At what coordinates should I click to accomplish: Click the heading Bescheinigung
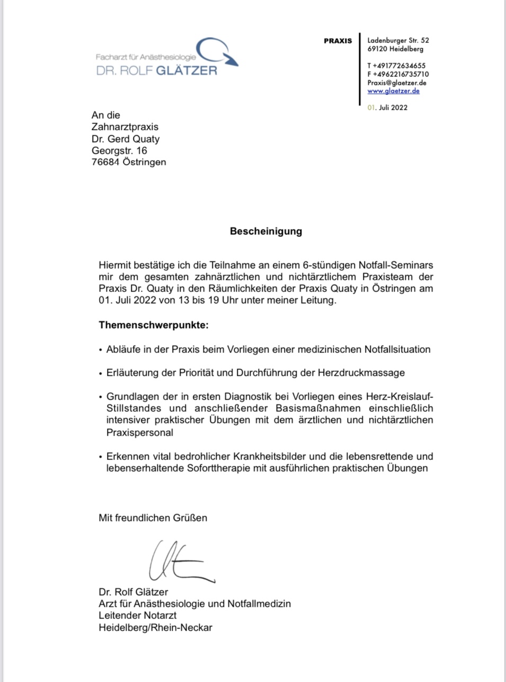pos(265,232)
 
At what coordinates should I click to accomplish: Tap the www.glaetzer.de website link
pos(393,91)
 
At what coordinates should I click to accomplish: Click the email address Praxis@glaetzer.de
pos(396,83)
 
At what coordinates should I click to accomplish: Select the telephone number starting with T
pos(396,66)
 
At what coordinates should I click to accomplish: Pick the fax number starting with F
pos(398,74)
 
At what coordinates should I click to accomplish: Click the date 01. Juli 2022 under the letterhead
pos(387,108)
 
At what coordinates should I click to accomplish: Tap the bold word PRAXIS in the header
pos(338,41)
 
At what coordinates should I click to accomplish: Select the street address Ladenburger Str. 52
pos(398,40)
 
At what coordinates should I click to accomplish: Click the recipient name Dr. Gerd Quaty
pos(126,139)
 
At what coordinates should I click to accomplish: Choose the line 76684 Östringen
pos(129,162)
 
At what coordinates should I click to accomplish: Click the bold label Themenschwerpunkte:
pos(154,325)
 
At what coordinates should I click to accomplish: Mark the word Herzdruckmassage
pos(361,373)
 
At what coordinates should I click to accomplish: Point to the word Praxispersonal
pos(140,432)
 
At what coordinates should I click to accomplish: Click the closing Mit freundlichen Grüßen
pos(153,518)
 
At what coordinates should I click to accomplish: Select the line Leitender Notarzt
pos(138,615)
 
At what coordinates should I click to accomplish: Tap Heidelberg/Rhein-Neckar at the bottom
pos(155,627)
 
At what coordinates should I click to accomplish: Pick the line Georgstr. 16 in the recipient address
pos(119,150)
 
